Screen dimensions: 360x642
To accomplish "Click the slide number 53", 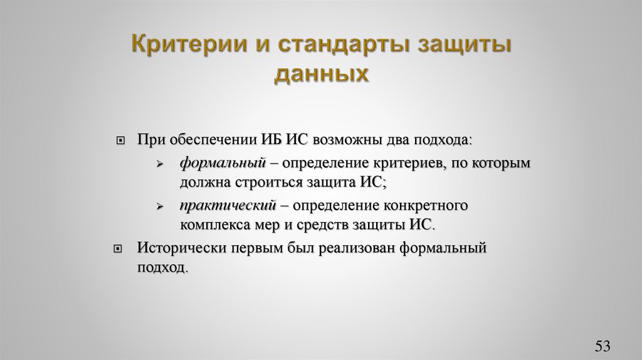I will pyautogui.click(x=603, y=346).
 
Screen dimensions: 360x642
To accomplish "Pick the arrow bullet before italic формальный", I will pyautogui.click(x=160, y=164).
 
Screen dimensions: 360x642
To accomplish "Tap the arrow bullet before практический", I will pyautogui.click(x=160, y=206).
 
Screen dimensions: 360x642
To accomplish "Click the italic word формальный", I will pyautogui.click(x=220, y=163).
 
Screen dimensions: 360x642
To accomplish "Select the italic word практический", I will pyautogui.click(x=228, y=205).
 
